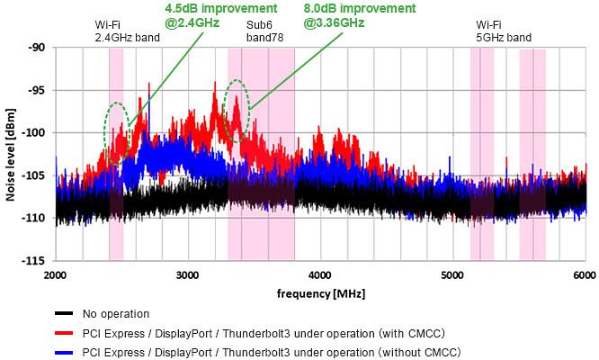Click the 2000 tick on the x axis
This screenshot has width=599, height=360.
(x=56, y=274)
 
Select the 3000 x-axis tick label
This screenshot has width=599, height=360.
(x=188, y=274)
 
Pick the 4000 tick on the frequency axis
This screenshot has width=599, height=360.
(x=320, y=274)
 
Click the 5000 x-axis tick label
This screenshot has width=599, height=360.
(x=452, y=274)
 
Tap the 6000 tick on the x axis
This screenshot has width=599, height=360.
(x=585, y=274)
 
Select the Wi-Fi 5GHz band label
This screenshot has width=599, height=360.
(x=504, y=31)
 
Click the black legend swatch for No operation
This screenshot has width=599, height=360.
(x=64, y=313)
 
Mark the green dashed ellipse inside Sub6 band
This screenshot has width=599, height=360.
(x=237, y=103)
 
